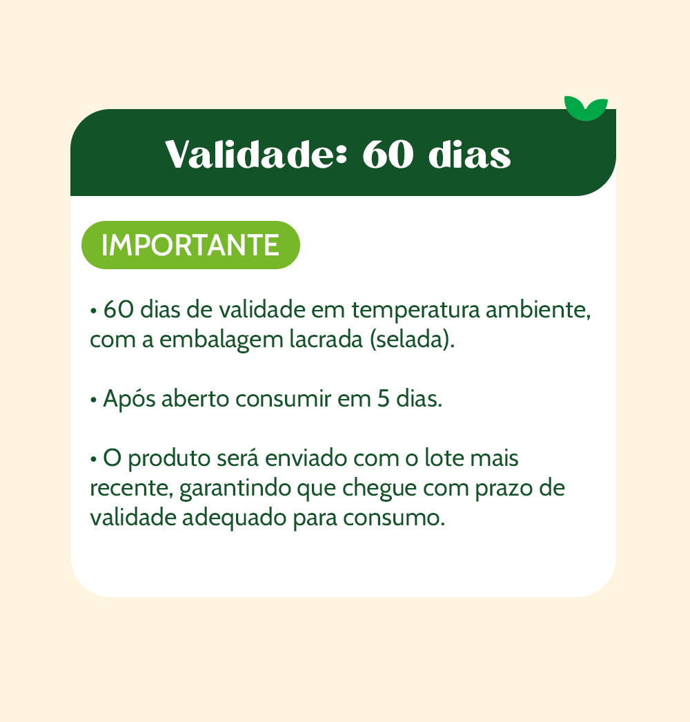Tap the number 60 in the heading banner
click(388, 155)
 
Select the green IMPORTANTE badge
click(190, 245)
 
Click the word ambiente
click(538, 309)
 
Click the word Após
click(129, 399)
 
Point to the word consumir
click(283, 399)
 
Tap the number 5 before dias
click(384, 399)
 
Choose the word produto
click(169, 459)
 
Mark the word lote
click(441, 458)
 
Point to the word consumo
click(392, 518)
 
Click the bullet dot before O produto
click(94, 460)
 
